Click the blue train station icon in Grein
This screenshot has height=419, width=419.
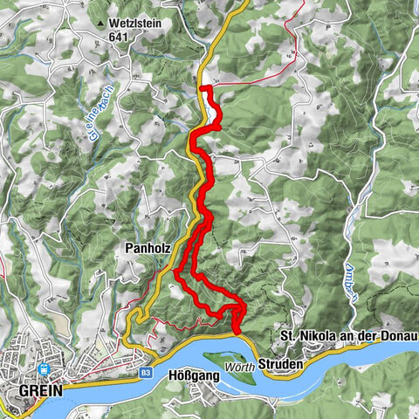coord(43,369)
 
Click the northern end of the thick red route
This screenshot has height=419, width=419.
coord(203,87)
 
